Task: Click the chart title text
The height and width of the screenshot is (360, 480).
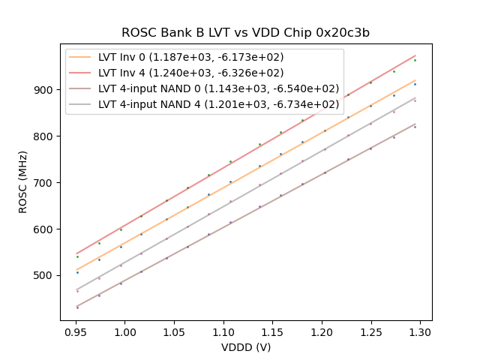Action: (245, 33)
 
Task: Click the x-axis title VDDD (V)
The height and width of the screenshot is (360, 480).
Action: (245, 347)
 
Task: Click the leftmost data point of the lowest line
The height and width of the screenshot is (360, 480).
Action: (76, 307)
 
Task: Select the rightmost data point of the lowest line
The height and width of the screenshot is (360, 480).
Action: (415, 127)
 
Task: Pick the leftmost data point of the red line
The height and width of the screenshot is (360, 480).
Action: (76, 256)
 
